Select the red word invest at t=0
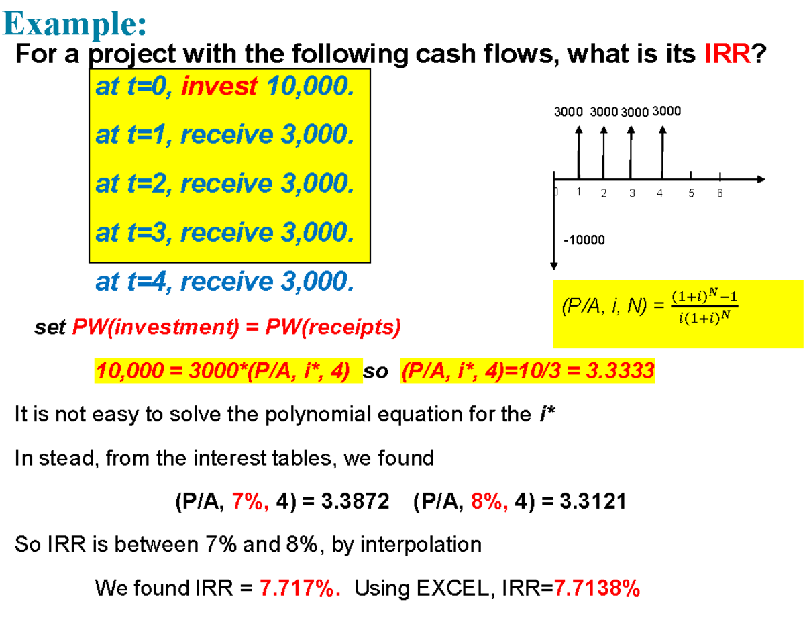pyautogui.click(x=219, y=87)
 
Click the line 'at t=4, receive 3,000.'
pyautogui.click(x=224, y=282)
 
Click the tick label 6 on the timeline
pyautogui.click(x=718, y=194)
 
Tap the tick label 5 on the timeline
pyautogui.click(x=692, y=194)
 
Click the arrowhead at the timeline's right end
pyautogui.click(x=761, y=179)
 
